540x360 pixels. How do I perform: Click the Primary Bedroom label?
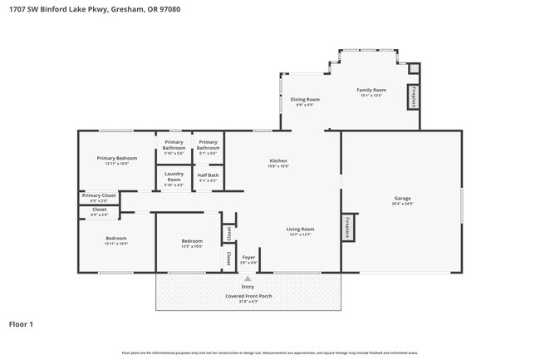click(x=116, y=158)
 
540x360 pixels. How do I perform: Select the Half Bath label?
click(x=208, y=175)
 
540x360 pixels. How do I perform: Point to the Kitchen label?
click(x=278, y=160)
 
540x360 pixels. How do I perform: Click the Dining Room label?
click(x=305, y=99)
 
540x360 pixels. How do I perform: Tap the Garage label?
click(x=403, y=198)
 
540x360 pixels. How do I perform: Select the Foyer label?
click(x=248, y=257)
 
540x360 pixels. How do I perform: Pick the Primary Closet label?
click(x=99, y=195)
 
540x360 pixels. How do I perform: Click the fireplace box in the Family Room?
click(x=412, y=96)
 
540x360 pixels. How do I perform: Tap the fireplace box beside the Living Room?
click(x=348, y=226)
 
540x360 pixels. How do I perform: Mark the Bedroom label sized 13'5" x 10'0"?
click(x=192, y=241)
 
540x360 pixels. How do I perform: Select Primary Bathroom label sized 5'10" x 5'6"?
click(x=174, y=145)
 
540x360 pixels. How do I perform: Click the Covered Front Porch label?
click(x=248, y=296)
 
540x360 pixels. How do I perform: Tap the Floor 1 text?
click(x=21, y=323)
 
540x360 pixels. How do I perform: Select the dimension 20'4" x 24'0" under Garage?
click(x=403, y=204)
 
